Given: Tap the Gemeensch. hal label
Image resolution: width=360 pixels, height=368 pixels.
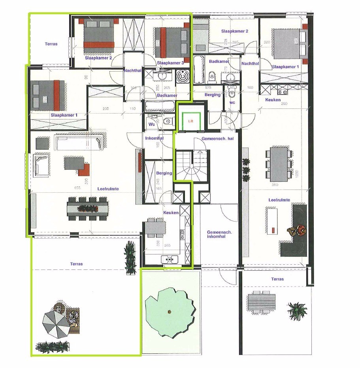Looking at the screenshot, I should click(x=215, y=139).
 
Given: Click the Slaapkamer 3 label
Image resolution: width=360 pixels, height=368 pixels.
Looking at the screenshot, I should click(x=170, y=63).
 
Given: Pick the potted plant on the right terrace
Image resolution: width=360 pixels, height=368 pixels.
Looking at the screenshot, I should click(x=297, y=311).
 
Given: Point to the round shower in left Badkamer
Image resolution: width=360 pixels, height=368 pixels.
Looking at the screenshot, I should click(x=183, y=76).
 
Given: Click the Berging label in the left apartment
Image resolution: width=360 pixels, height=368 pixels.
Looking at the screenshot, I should click(x=164, y=173).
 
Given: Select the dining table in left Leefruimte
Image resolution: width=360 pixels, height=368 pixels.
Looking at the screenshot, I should click(x=87, y=208).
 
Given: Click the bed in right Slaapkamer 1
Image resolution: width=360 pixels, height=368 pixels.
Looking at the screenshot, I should click(x=287, y=43).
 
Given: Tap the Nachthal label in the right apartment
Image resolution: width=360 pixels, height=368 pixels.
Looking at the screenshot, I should click(x=250, y=63).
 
